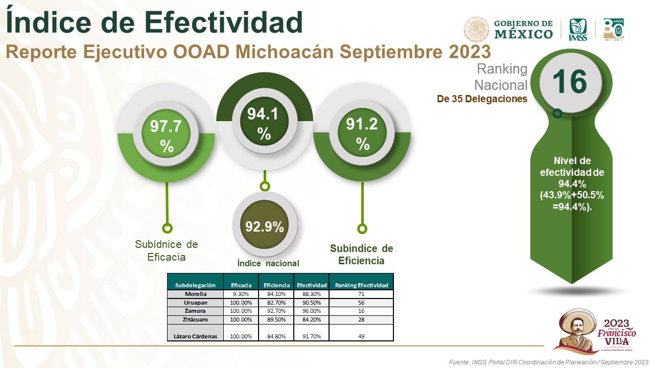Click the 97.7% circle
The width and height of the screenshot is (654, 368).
pyautogui.click(x=166, y=134)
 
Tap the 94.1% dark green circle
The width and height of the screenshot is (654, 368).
pyautogui.click(x=264, y=121)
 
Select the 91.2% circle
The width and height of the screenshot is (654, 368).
pyautogui.click(x=362, y=132)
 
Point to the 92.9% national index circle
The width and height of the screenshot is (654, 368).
pyautogui.click(x=265, y=224)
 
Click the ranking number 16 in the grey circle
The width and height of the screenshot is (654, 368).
pyautogui.click(x=569, y=82)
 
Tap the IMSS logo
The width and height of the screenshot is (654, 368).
pyautogui.click(x=578, y=30)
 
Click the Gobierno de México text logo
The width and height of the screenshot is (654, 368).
pyautogui.click(x=523, y=30)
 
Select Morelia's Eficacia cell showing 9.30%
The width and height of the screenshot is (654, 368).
pyautogui.click(x=241, y=294)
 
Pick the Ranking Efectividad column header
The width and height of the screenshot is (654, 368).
pyautogui.click(x=361, y=285)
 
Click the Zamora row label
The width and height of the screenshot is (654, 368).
pyautogui.click(x=195, y=311)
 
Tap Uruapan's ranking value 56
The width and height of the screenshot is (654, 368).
pyautogui.click(x=361, y=303)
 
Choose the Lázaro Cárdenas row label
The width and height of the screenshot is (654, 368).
pyautogui.click(x=195, y=336)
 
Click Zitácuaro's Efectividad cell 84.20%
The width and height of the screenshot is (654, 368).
pyautogui.click(x=312, y=319)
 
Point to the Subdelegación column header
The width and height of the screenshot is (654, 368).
pyautogui.click(x=195, y=285)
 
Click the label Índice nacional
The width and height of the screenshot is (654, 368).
pyautogui.click(x=268, y=263)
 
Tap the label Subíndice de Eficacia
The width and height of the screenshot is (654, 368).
pyautogui.click(x=167, y=250)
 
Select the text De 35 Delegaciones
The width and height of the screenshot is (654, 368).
pyautogui.click(x=482, y=99)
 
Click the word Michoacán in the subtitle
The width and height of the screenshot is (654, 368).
pyautogui.click(x=285, y=52)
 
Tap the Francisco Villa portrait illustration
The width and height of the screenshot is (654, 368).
pyautogui.click(x=575, y=331)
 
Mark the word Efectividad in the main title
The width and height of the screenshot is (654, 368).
pyautogui.click(x=224, y=22)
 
